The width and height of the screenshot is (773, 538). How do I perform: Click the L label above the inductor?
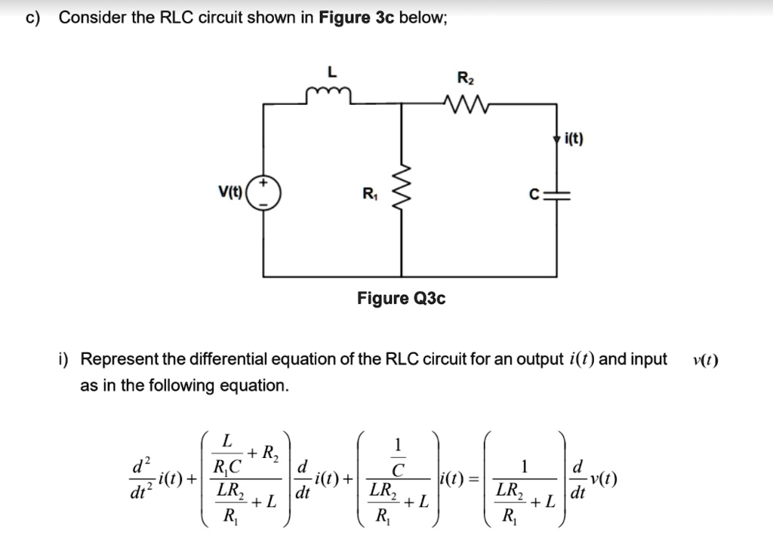(x=329, y=72)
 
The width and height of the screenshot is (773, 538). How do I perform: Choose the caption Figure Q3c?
(x=401, y=299)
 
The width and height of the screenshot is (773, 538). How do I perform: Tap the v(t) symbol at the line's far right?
(x=704, y=359)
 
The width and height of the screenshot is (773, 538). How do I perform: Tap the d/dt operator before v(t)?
(x=579, y=478)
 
